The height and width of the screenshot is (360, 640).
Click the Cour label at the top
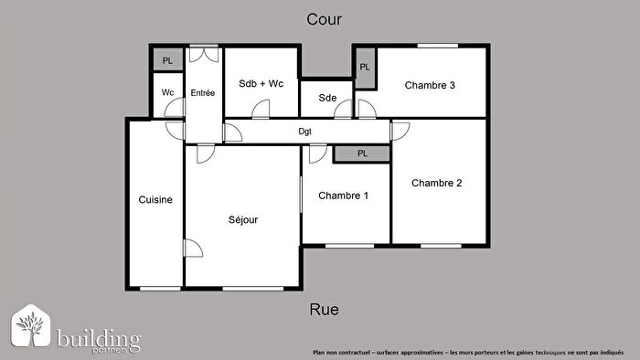tap(325, 19)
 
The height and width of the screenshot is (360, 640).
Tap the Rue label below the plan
tap(325, 310)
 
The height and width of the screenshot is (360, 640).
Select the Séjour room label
tap(243, 219)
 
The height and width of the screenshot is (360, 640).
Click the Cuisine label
tap(155, 199)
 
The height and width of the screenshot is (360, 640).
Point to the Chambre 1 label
tap(343, 196)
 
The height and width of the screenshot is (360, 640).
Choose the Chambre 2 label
tap(436, 183)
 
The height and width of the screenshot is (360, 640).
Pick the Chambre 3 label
tap(430, 86)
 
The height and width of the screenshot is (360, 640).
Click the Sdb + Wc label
tap(261, 84)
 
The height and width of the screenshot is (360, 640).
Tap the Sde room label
tap(327, 98)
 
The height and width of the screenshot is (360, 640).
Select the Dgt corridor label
tap(305, 132)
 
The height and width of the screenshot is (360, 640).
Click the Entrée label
tap(202, 93)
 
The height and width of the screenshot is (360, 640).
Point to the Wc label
tap(167, 92)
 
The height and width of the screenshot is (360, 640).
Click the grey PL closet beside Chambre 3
tap(365, 68)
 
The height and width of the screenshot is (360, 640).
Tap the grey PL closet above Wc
tap(167, 60)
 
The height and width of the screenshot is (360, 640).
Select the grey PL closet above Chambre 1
tap(362, 154)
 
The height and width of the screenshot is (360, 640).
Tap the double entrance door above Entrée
tap(204, 53)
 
